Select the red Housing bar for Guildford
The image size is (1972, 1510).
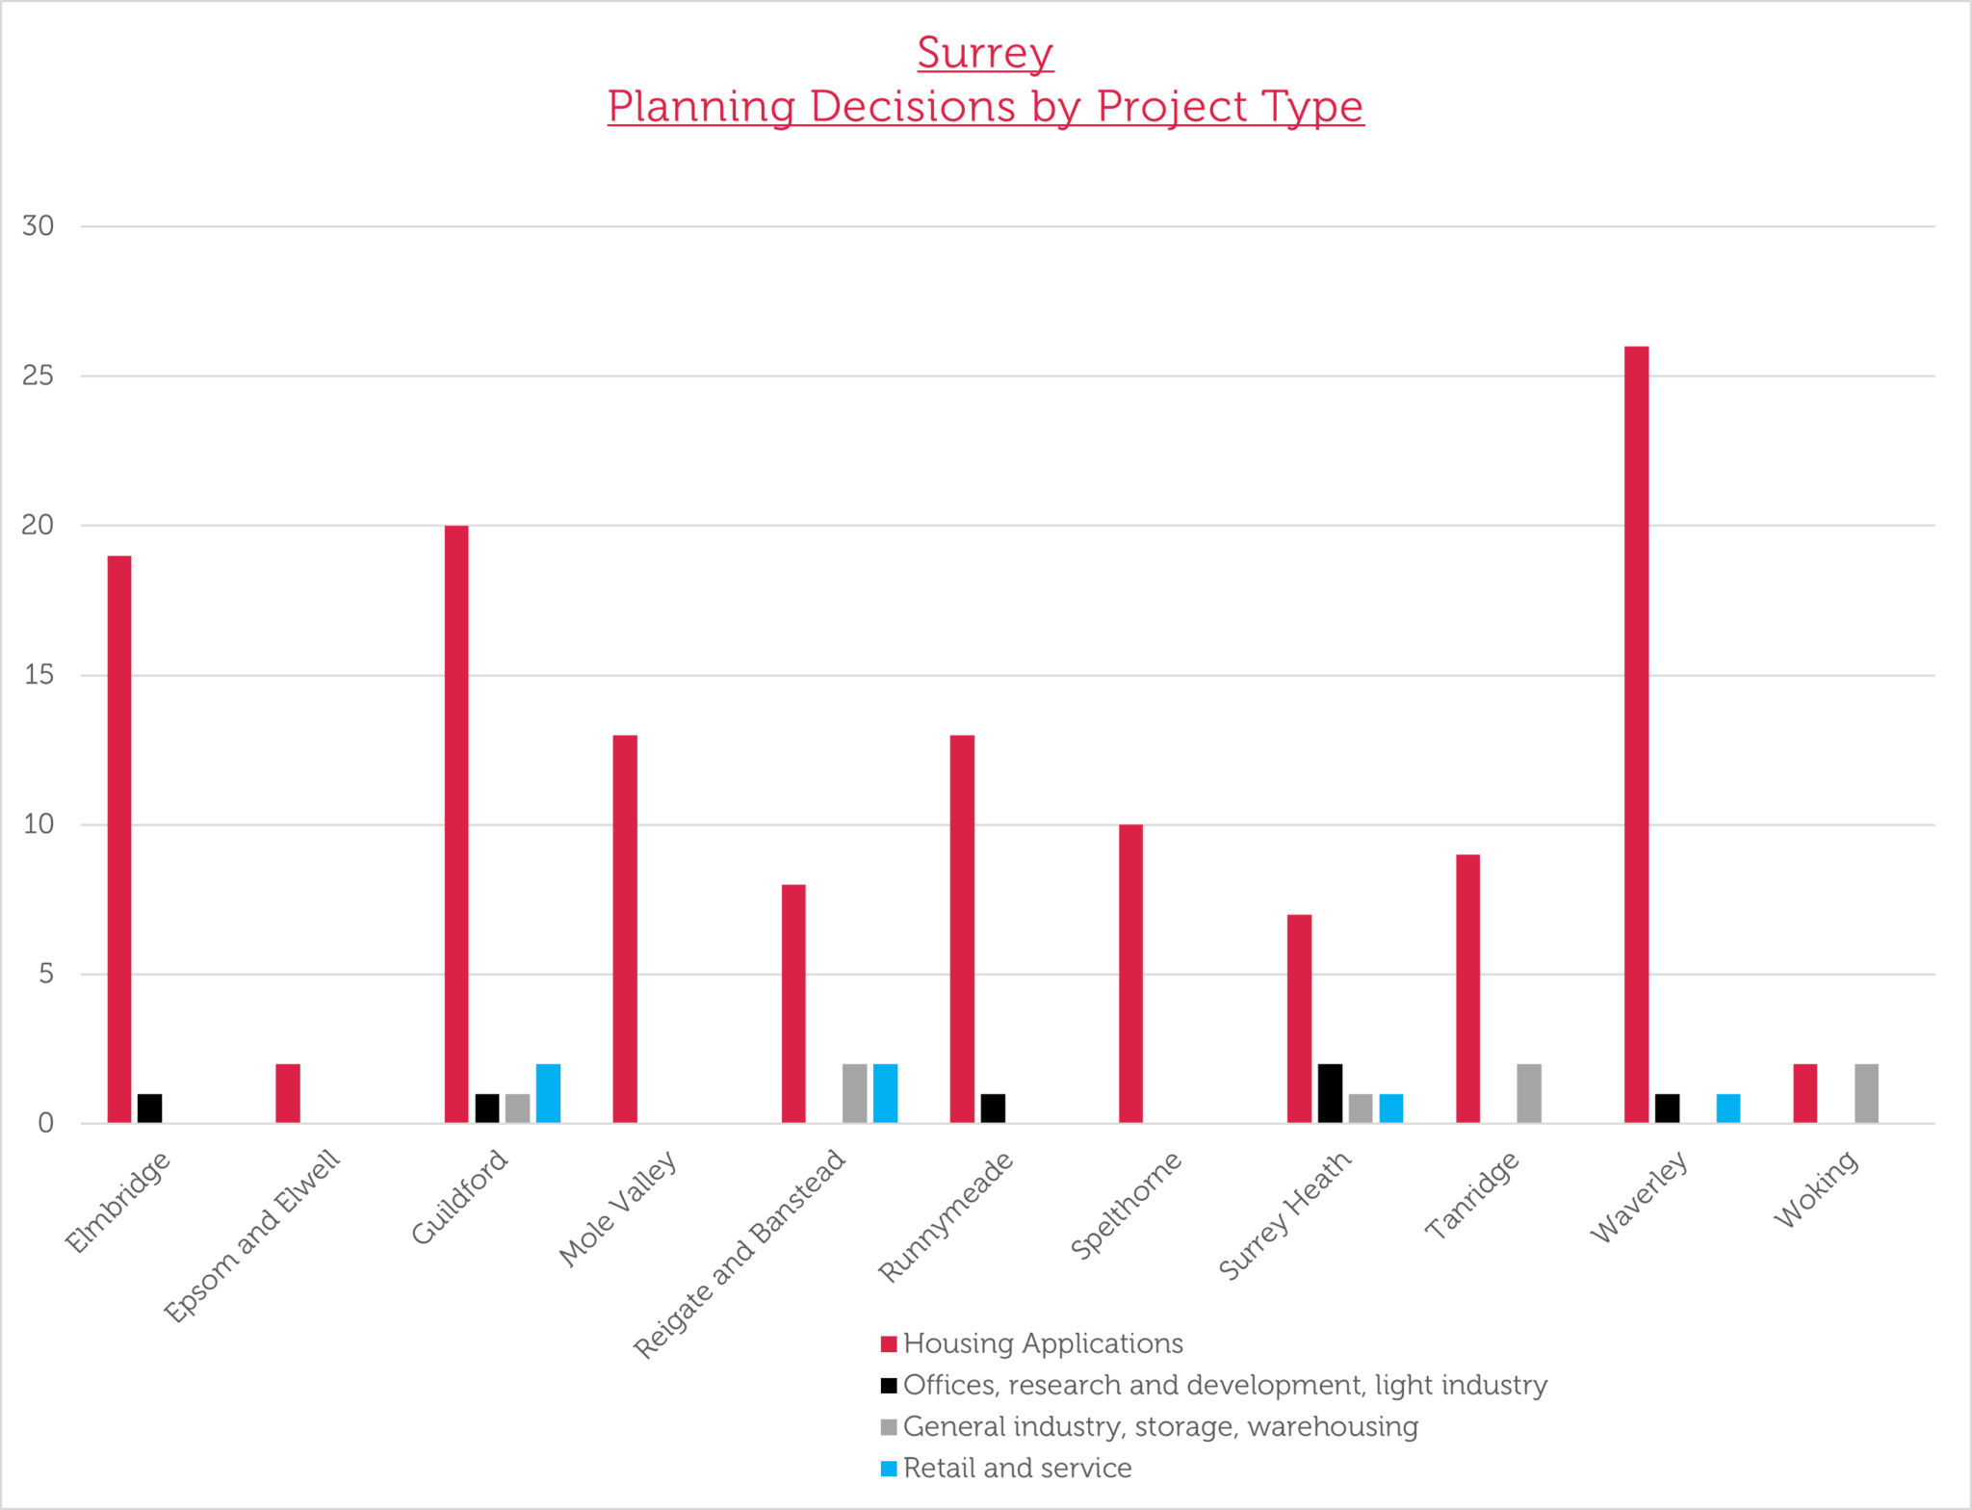456,823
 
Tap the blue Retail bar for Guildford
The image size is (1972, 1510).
548,1093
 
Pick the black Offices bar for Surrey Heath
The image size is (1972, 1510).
1330,1093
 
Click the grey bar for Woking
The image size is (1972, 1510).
1866,1093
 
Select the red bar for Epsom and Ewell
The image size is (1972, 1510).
288,1093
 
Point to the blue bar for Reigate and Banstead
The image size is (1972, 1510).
885,1093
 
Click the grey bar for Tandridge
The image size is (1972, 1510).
1529,1093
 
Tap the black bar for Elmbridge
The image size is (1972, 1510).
149,1107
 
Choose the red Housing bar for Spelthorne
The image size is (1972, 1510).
1130,973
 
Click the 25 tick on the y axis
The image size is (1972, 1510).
38,376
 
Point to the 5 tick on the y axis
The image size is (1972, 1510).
45,974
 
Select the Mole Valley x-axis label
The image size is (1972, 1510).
618,1208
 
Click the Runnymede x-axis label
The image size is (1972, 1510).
946,1216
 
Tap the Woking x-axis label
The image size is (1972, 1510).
1816,1189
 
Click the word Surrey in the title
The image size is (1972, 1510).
985,52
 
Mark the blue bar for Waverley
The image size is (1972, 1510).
1727,1107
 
